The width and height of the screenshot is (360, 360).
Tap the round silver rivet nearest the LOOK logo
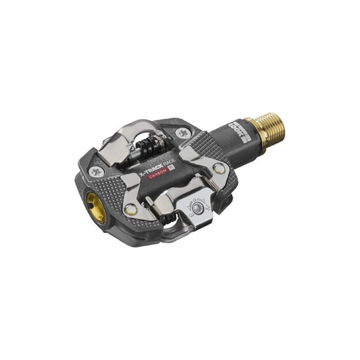point(219,168)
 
